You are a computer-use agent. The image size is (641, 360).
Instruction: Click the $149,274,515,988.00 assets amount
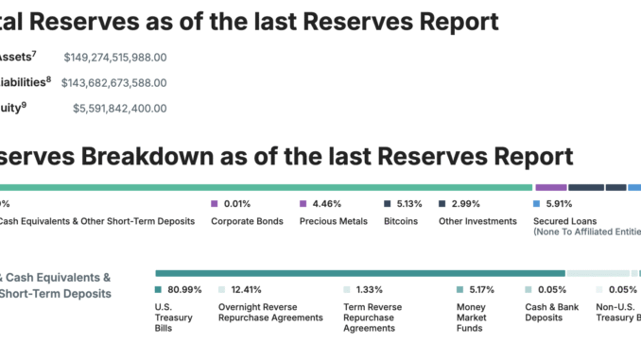click(115, 58)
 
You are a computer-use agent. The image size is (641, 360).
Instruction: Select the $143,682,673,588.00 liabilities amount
click(114, 83)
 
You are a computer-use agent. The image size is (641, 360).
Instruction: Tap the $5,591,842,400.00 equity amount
click(120, 109)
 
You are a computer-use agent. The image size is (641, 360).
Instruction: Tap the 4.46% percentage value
click(326, 203)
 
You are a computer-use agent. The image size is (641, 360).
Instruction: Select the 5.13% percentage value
click(410, 203)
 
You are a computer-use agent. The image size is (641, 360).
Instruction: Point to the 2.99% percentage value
click(465, 203)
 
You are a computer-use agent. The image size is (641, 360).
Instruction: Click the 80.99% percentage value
click(185, 289)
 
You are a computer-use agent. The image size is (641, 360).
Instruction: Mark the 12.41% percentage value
click(246, 289)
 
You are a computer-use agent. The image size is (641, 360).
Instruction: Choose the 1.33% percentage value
click(369, 289)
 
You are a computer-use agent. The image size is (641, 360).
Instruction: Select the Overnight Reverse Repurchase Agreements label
click(270, 313)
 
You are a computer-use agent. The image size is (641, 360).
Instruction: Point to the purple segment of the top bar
click(551, 187)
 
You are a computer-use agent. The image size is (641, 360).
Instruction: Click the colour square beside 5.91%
click(537, 203)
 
